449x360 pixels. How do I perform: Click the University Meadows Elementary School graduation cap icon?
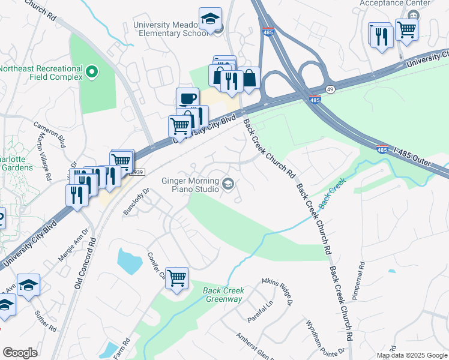[x=210, y=19]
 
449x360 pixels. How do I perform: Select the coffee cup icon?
[x=187, y=98]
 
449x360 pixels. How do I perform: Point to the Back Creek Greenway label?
[x=222, y=295]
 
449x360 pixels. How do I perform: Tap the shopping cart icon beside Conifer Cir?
[x=176, y=278]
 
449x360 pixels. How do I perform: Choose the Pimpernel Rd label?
[x=362, y=281]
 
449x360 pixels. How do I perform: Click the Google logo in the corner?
[x=20, y=352]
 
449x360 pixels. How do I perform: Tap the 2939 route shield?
[x=137, y=172]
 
